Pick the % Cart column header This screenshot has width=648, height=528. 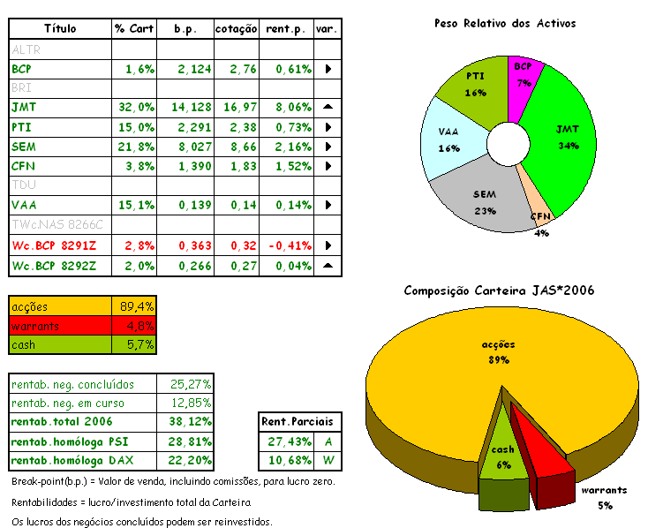[134, 29]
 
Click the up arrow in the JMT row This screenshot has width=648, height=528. [327, 107]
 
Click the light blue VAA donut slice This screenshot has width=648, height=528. [448, 140]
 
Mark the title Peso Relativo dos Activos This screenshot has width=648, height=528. [504, 24]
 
